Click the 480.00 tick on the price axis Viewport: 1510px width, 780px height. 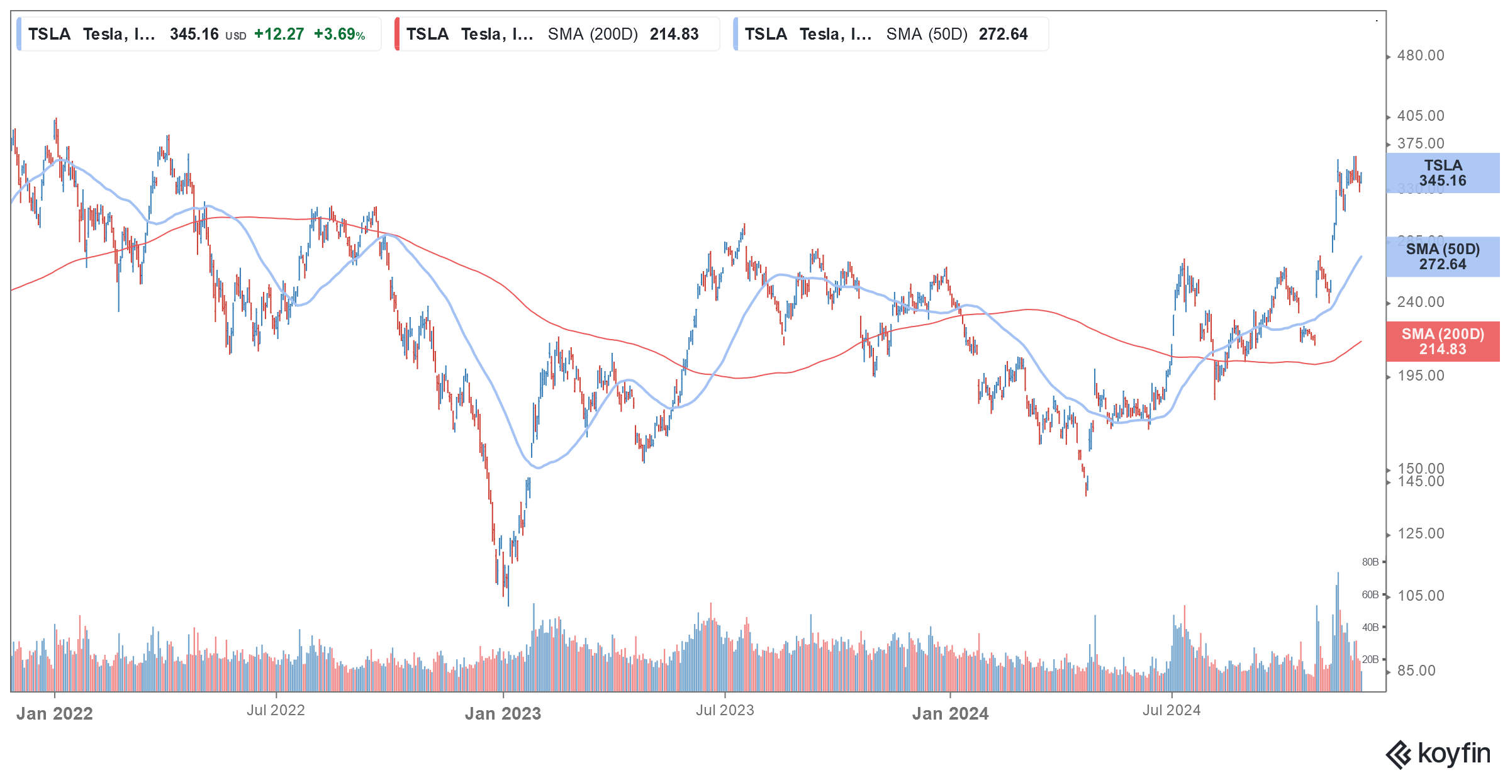click(x=1420, y=55)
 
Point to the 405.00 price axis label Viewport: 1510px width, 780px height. click(x=1420, y=116)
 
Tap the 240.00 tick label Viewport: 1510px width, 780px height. click(x=1420, y=302)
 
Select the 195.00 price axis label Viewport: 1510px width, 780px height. click(x=1420, y=376)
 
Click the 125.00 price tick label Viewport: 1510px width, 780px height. click(x=1420, y=533)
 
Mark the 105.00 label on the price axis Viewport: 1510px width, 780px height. click(x=1420, y=595)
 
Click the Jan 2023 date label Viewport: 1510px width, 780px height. click(x=503, y=713)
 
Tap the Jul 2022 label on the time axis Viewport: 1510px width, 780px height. click(x=276, y=710)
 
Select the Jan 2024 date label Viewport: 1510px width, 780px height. click(x=950, y=713)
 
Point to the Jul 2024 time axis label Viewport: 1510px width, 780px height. click(x=1172, y=710)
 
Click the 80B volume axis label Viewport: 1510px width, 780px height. click(x=1370, y=562)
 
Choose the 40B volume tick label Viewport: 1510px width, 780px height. click(x=1370, y=627)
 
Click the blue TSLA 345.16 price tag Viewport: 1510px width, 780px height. click(x=1442, y=173)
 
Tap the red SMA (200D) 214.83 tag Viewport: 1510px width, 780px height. click(x=1442, y=342)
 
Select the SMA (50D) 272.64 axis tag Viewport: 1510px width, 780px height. click(x=1442, y=257)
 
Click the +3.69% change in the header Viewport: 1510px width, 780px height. click(x=339, y=34)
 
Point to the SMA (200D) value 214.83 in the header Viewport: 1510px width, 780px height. click(x=674, y=34)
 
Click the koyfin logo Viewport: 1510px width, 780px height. click(x=1438, y=754)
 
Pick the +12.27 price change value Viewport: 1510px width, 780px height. click(x=279, y=34)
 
